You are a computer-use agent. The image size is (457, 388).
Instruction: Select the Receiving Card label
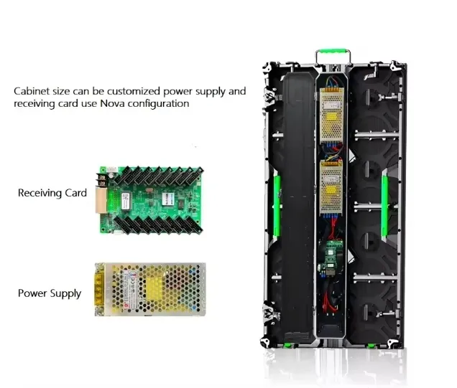tap(52, 192)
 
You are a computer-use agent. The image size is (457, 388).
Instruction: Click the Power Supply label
tap(50, 293)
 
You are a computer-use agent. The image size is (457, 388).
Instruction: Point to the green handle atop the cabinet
tap(333, 52)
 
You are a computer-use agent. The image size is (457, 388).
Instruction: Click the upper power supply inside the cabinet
tap(332, 114)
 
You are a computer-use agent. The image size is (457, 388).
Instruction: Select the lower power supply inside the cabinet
tap(331, 188)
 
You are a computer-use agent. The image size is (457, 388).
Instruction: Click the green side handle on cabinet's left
tap(277, 206)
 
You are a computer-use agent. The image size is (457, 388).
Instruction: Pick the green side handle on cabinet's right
tap(384, 206)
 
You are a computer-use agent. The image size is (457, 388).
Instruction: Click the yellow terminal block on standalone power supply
tap(99, 289)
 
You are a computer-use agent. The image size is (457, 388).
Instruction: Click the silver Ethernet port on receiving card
tap(101, 201)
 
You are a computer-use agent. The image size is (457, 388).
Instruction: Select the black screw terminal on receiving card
tap(101, 179)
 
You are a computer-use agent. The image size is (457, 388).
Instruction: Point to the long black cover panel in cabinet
tap(298, 207)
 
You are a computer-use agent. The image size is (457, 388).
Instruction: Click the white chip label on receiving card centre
tap(169, 197)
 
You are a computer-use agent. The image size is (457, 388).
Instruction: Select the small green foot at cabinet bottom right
tap(371, 346)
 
